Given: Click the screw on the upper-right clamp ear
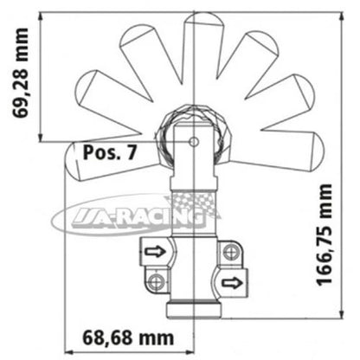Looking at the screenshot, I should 230,252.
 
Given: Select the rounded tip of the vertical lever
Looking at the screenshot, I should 194,21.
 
